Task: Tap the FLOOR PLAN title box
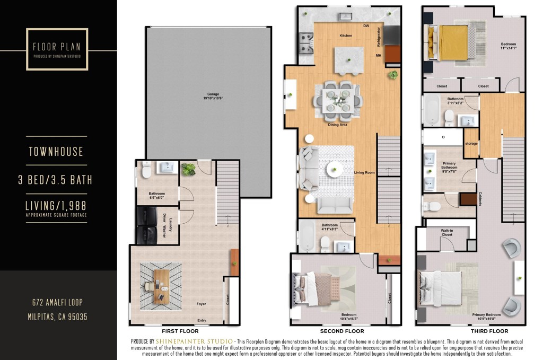[57, 49]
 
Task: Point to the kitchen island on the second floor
[348, 60]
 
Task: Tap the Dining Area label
[338, 125]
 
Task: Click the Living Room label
[365, 172]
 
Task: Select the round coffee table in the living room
[335, 170]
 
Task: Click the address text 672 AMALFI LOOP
[57, 303]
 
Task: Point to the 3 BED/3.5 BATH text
[57, 180]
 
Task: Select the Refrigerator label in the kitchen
[379, 36]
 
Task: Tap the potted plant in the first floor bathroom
[188, 170]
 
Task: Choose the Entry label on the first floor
[202, 320]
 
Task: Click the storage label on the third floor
[471, 143]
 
